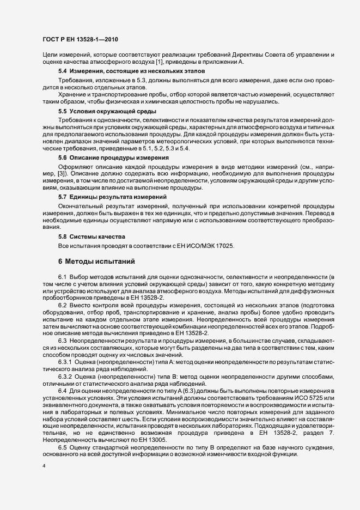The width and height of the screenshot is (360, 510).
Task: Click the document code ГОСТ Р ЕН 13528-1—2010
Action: pos(80,39)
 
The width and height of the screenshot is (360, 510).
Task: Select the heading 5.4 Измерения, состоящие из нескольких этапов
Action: pos(124,71)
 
